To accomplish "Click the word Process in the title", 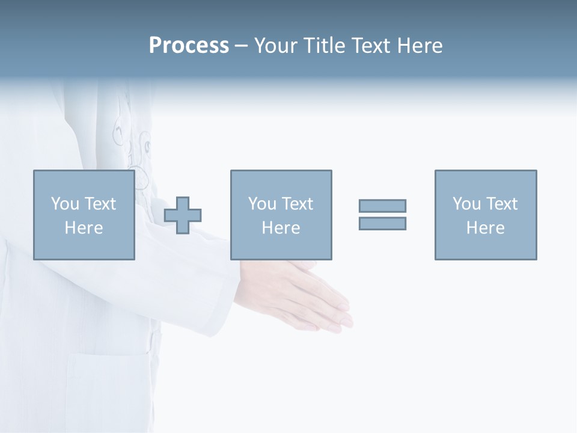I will tap(189, 46).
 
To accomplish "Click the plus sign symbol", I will tap(183, 215).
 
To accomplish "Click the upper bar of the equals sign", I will tap(382, 206).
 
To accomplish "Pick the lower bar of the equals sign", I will tap(382, 223).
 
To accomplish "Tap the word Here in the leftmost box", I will tap(84, 228).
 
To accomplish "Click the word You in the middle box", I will tap(262, 204).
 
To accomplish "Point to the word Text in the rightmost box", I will tap(501, 204).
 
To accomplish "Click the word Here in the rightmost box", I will tap(485, 228).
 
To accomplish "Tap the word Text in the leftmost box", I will tap(99, 204).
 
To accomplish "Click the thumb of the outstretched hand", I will tap(304, 265).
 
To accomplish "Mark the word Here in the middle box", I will tap(281, 228).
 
